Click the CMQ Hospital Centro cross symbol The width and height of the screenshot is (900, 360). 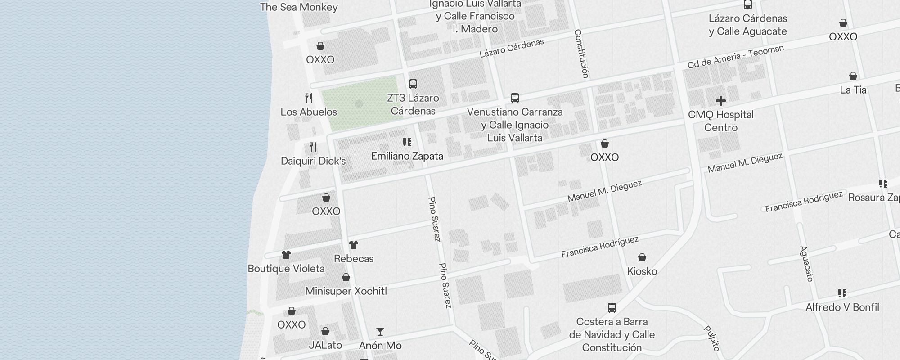(720, 101)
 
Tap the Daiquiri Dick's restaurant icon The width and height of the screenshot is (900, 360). (313, 147)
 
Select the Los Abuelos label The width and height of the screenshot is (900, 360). (309, 112)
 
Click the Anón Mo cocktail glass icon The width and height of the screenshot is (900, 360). (380, 332)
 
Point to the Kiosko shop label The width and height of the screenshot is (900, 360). (642, 271)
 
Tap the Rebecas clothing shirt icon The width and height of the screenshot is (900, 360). (354, 245)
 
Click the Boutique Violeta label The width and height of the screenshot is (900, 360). (286, 269)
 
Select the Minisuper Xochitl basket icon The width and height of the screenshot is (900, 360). (346, 277)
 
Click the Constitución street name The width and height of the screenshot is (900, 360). (581, 54)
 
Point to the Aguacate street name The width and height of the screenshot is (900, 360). (806, 264)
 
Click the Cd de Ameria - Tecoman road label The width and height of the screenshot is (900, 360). (735, 57)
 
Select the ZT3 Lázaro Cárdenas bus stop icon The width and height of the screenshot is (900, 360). (413, 84)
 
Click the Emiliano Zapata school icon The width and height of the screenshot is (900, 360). (407, 143)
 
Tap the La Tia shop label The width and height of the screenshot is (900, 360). (853, 90)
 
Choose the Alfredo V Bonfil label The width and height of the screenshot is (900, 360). (842, 307)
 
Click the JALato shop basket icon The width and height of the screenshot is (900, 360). (325, 332)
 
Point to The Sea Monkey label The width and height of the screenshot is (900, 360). (299, 7)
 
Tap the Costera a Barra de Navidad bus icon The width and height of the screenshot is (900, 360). (612, 308)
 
